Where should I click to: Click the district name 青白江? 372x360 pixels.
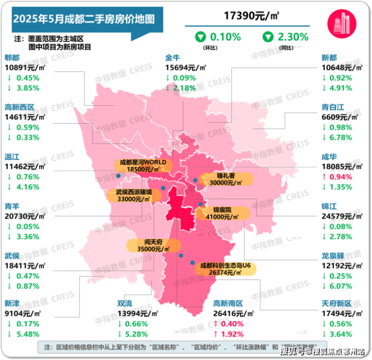(x=334, y=107)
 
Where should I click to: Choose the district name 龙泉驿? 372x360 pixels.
(x=333, y=255)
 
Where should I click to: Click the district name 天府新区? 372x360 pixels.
(x=337, y=304)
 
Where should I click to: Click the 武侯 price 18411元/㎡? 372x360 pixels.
(x=25, y=265)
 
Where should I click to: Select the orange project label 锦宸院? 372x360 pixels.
(x=222, y=209)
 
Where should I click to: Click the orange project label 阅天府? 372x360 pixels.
(x=153, y=242)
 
